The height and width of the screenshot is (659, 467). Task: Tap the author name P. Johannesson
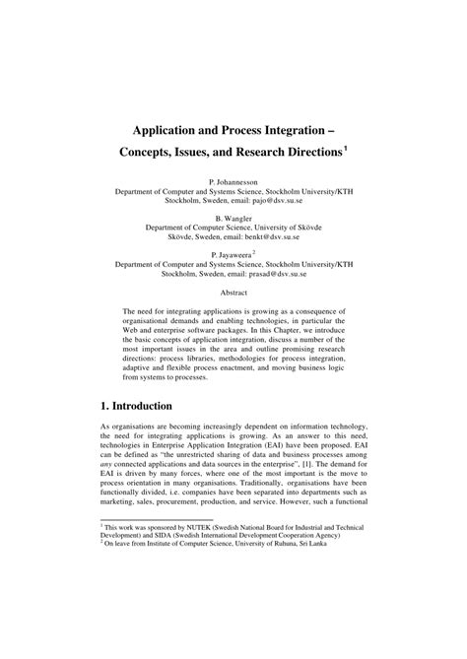click(233, 182)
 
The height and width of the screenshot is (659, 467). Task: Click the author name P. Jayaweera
click(230, 254)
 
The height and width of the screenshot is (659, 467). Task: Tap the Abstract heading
click(233, 293)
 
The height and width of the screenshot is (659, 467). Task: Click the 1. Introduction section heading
click(151, 405)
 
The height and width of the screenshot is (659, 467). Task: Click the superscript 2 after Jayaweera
click(254, 251)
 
